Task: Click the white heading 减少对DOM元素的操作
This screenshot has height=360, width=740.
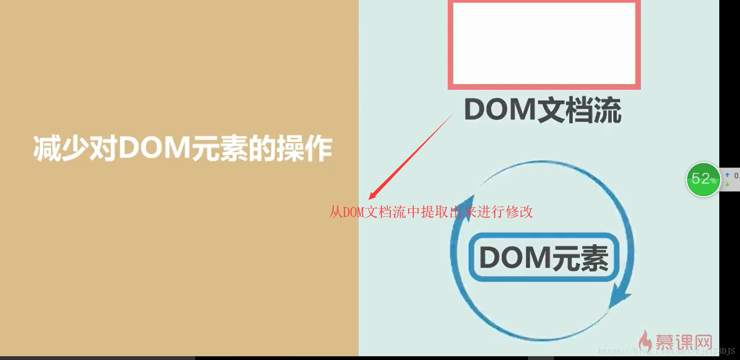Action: click(182, 148)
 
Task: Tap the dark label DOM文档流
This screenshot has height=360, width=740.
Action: click(543, 110)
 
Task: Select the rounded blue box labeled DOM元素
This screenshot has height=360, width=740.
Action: click(544, 257)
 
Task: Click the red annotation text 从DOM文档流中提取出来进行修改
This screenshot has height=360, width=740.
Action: click(431, 212)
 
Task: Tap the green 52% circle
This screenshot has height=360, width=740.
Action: click(703, 179)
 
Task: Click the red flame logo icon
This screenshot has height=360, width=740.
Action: click(646, 341)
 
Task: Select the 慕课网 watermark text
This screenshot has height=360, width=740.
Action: click(684, 342)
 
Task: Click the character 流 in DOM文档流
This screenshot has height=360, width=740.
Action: click(607, 110)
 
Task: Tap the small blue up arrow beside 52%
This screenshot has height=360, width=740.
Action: click(727, 175)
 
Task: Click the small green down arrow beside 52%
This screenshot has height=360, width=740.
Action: click(727, 184)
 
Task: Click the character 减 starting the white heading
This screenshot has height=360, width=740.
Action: click(47, 148)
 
